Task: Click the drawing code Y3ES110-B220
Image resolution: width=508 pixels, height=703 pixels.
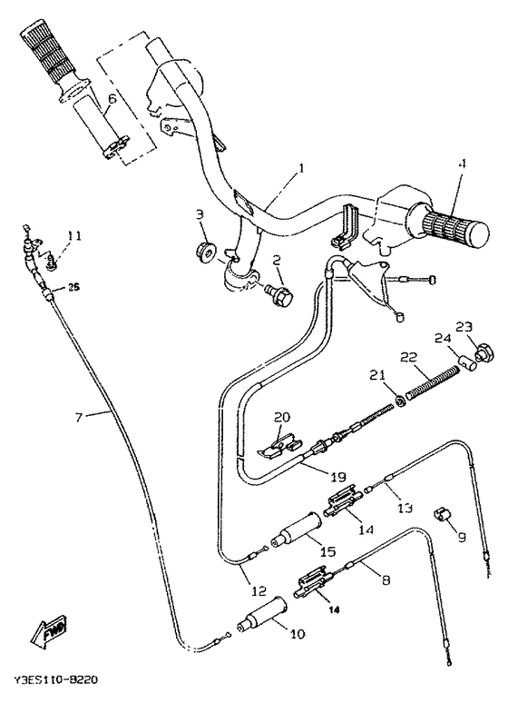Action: (x=56, y=678)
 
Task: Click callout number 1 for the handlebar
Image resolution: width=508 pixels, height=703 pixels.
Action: (x=302, y=169)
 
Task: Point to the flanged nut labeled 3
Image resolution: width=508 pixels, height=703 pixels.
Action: (x=204, y=250)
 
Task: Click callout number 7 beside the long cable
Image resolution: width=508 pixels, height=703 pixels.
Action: (x=79, y=417)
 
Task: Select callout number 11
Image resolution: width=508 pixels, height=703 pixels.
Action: (x=73, y=236)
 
